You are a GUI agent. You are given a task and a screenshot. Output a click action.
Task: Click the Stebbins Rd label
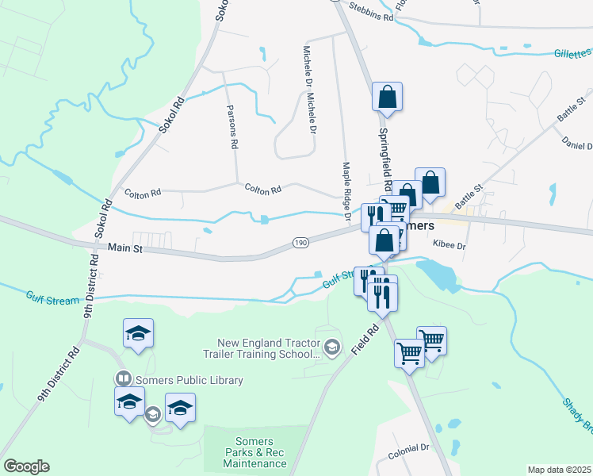pos(371,16)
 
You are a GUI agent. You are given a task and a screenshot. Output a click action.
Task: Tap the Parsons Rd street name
pos(232,127)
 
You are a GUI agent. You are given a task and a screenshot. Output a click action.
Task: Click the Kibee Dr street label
pos(449,247)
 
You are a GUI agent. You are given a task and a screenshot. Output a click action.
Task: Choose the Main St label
pos(124,248)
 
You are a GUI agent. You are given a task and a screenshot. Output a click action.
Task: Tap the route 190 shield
pos(300,241)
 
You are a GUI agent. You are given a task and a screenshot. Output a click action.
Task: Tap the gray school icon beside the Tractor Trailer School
pos(332,347)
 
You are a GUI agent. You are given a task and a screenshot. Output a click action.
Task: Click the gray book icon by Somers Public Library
pos(123,379)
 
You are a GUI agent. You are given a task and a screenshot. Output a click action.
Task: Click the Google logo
pos(26,466)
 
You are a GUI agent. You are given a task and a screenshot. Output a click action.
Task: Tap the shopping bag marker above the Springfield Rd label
pos(388,97)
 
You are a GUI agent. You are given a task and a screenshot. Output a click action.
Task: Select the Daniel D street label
pos(577,146)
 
